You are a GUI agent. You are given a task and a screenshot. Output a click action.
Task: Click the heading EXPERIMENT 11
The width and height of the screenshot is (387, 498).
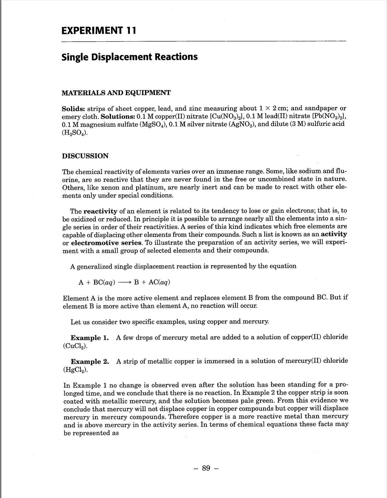99,31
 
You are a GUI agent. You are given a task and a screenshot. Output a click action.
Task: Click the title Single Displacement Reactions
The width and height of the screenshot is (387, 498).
130,57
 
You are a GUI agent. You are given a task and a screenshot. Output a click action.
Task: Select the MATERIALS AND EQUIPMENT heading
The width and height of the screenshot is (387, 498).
116,93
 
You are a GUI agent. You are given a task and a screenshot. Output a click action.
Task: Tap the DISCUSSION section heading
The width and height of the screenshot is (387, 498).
85,156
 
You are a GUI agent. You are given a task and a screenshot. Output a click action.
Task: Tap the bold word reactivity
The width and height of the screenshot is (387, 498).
100,211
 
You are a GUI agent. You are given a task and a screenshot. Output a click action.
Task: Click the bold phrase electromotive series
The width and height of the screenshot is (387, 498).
107,243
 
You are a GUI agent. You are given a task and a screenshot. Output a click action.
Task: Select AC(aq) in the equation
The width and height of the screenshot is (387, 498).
159,282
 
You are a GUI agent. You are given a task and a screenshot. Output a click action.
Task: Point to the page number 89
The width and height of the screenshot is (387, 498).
206,468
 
